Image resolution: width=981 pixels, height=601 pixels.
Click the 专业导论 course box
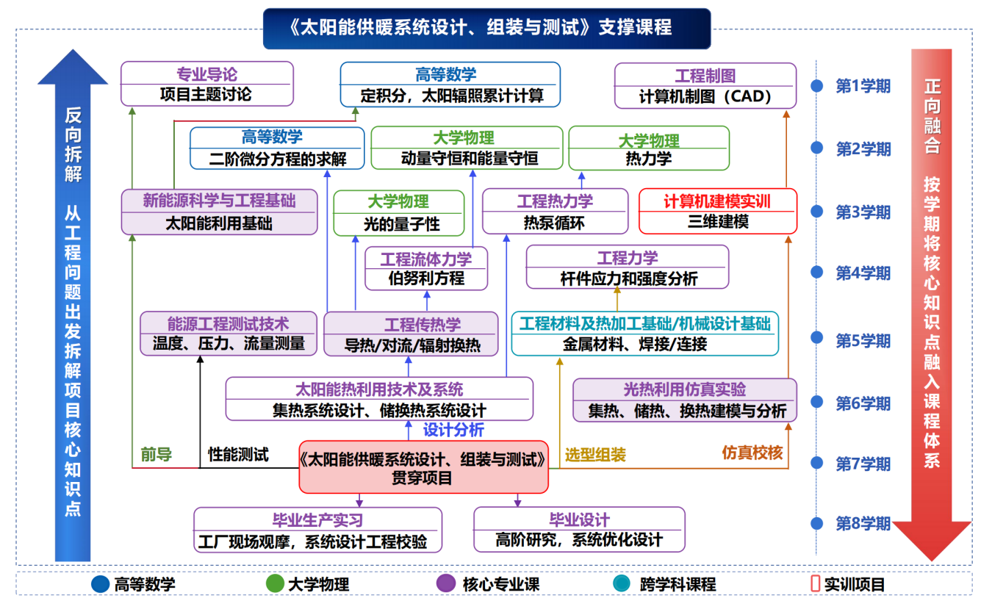(x=207, y=84)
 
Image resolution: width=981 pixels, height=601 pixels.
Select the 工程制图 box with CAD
(x=705, y=86)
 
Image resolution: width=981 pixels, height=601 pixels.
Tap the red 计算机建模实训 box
(x=718, y=211)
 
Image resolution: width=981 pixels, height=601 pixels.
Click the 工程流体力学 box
(x=426, y=268)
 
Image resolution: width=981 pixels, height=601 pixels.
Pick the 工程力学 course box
(x=628, y=267)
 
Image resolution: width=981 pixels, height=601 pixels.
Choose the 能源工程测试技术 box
(x=229, y=334)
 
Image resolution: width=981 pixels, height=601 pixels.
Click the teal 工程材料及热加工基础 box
(x=644, y=334)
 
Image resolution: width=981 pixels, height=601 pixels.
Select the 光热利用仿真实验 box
(x=685, y=400)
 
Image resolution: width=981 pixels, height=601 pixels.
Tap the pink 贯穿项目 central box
(x=423, y=467)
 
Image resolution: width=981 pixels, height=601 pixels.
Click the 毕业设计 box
(x=579, y=530)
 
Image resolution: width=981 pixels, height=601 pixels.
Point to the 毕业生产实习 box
(x=317, y=530)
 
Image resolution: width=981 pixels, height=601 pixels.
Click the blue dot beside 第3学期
(x=816, y=212)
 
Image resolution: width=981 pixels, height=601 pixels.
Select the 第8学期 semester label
(x=863, y=523)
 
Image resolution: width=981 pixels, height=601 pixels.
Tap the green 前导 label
(x=157, y=454)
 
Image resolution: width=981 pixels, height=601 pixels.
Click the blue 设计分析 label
(x=453, y=430)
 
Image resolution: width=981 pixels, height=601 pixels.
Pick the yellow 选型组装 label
(x=595, y=455)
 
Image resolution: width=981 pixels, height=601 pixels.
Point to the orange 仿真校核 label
(x=752, y=452)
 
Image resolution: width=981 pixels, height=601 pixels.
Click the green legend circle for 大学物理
(x=275, y=583)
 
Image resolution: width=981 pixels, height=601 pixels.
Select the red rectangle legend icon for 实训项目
(x=815, y=583)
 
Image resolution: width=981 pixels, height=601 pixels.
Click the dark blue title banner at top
(x=486, y=29)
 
